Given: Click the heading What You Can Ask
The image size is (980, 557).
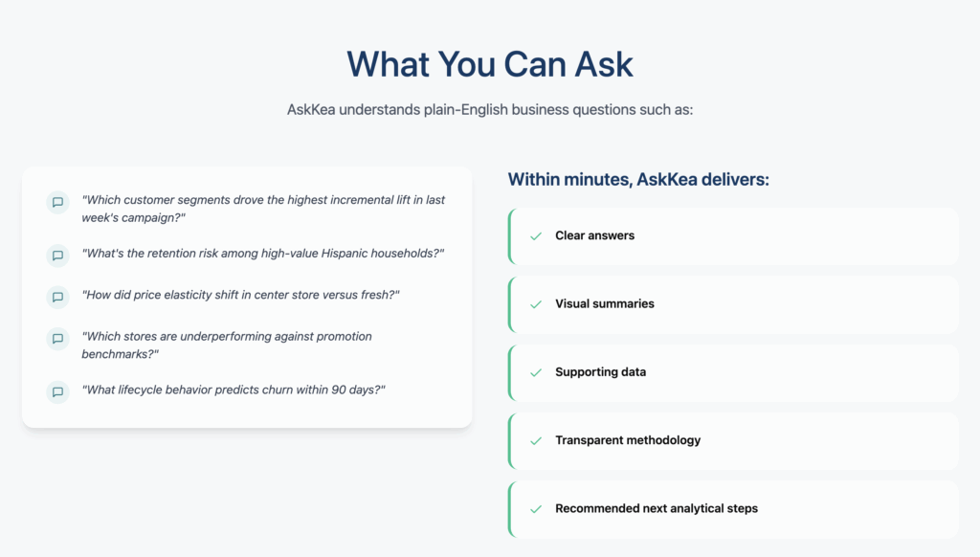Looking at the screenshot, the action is (x=490, y=64).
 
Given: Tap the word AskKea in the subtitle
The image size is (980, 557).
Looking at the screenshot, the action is (x=311, y=110).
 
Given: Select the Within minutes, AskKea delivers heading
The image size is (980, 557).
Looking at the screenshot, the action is (x=638, y=179).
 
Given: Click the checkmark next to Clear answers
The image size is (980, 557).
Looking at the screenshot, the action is (x=536, y=236).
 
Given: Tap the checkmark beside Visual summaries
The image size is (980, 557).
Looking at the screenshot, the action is (x=536, y=304).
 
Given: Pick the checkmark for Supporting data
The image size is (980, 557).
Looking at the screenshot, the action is (x=536, y=372).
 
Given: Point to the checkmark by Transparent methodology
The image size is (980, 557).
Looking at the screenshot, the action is (x=536, y=441).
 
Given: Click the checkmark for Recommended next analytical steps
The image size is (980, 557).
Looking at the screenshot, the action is (x=536, y=509).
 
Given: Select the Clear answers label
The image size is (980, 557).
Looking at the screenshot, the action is (x=595, y=235).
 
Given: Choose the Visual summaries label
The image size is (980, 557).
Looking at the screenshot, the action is (x=605, y=303).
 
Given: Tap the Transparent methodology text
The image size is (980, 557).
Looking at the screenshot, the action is (x=628, y=440).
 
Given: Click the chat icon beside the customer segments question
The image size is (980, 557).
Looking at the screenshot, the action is (x=57, y=202).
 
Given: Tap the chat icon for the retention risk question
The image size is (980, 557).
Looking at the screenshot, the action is (x=57, y=256).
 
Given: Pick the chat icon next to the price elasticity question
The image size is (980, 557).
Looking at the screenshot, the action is (x=57, y=297).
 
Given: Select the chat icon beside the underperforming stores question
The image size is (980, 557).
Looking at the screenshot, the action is (x=57, y=338).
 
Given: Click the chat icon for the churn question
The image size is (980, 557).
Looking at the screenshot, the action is (x=57, y=392).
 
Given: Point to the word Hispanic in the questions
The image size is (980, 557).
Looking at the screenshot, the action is (x=345, y=254).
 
